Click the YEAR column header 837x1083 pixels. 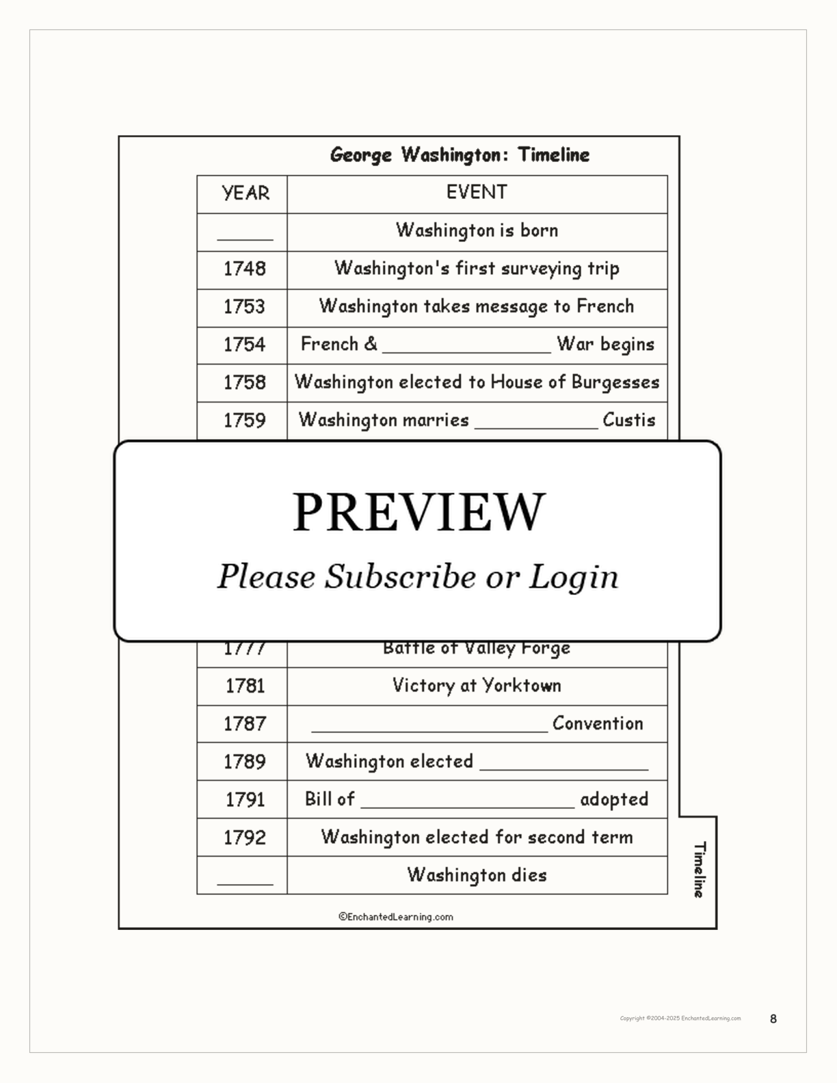[x=245, y=193]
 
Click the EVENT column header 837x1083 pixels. [x=477, y=192]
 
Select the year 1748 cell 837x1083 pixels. [x=244, y=269]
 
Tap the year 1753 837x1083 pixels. [x=244, y=306]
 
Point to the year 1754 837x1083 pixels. [x=244, y=345]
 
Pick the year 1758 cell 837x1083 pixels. [x=244, y=382]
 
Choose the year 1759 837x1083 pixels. [x=244, y=420]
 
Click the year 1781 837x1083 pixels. [x=245, y=686]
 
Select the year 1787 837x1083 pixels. [x=244, y=723]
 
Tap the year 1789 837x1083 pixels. [x=244, y=762]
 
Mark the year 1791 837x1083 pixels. [x=245, y=799]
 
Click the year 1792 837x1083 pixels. [x=244, y=838]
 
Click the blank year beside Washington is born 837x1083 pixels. [x=245, y=235]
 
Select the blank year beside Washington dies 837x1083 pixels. [x=245, y=879]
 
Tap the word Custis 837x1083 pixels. [x=628, y=420]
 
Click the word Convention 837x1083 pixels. [x=597, y=723]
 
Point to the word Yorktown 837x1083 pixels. [x=522, y=686]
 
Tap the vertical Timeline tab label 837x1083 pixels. [x=699, y=870]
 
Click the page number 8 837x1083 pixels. [x=773, y=1019]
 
